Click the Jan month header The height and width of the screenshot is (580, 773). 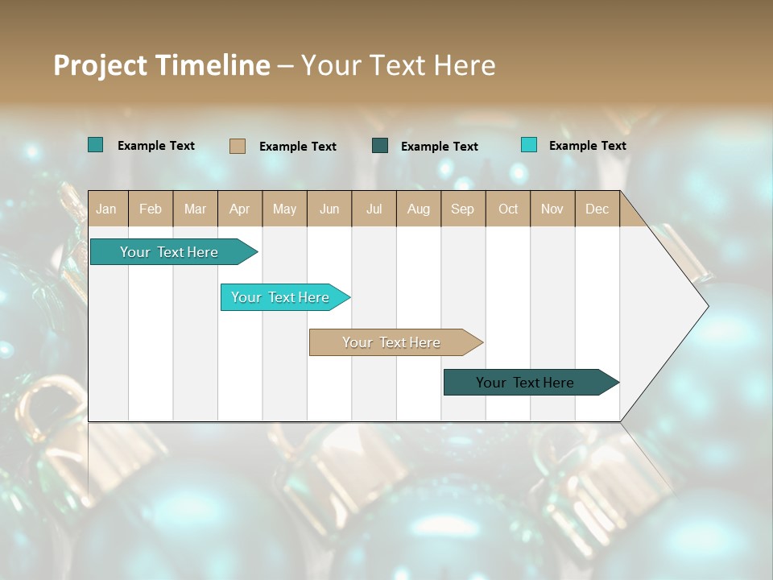point(106,209)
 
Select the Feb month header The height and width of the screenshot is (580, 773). point(151,209)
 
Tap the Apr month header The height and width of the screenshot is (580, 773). point(239,209)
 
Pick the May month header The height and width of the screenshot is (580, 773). point(284,209)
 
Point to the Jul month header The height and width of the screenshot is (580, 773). point(374,209)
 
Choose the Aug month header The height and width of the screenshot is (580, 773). point(418,209)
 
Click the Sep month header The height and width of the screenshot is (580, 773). point(462,209)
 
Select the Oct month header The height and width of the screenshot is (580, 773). point(508,209)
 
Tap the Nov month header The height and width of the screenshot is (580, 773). point(552,209)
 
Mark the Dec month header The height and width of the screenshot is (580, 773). point(597,209)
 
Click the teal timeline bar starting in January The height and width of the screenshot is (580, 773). point(169,252)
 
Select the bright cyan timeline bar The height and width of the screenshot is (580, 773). point(280,297)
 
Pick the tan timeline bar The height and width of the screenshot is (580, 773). point(391,342)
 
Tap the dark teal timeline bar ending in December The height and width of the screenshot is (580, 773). point(525,383)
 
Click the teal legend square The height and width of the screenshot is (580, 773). point(95,145)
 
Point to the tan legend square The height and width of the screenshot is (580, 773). point(237,146)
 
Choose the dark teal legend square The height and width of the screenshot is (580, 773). point(380,146)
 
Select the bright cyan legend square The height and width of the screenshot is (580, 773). point(528,145)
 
